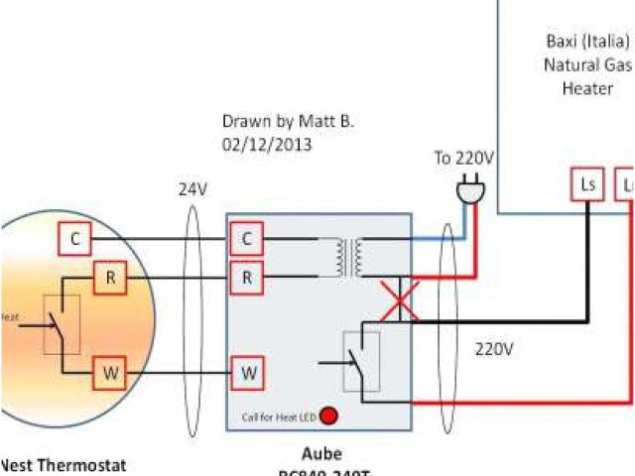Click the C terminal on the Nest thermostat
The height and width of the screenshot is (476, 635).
(x=75, y=239)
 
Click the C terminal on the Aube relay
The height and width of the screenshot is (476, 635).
(x=246, y=239)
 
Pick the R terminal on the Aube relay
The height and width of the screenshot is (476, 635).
(x=246, y=279)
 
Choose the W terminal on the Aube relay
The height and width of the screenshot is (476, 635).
(x=246, y=374)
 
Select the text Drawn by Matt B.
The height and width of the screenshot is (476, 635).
(x=288, y=122)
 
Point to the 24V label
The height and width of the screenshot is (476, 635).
(x=191, y=187)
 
